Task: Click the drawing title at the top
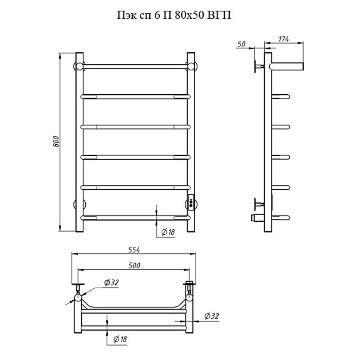pos(174,15)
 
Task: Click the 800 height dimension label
pos(56,141)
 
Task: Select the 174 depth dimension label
pos(284,39)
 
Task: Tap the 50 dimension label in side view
pos(241,44)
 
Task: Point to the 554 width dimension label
pos(134,249)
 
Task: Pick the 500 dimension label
pos(134,265)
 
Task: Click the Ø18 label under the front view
pos(168,232)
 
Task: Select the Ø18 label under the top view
pos(120,339)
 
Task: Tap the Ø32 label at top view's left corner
pos(111,282)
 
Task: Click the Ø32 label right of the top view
pos(211,316)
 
